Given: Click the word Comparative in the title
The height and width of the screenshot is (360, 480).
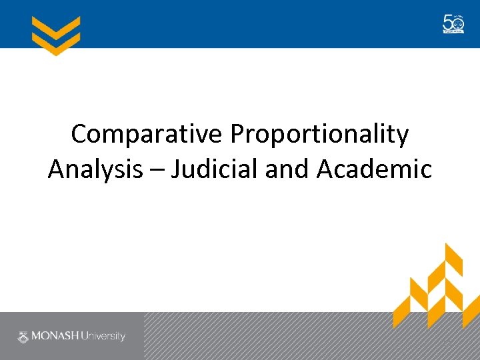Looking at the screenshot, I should (x=147, y=134).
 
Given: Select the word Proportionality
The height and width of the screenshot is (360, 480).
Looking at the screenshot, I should (x=319, y=135).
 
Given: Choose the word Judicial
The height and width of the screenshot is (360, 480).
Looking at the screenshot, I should (x=215, y=169).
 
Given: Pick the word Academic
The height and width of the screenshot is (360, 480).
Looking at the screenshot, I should (x=374, y=169).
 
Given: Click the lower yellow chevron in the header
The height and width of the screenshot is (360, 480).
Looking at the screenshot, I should (x=56, y=43).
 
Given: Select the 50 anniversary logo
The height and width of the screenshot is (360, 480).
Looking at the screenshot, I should (x=453, y=24).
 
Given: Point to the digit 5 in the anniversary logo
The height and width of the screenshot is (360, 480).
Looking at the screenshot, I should (x=448, y=23).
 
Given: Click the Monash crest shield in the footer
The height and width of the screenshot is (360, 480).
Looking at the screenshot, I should (x=23, y=336).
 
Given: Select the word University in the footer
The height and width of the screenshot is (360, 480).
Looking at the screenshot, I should (x=103, y=336).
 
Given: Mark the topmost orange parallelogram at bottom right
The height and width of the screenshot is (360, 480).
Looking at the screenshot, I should (x=453, y=257).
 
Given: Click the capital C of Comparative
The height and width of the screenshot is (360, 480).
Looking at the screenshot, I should (x=79, y=134).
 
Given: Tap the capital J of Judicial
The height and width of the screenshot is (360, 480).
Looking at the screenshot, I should (x=176, y=169).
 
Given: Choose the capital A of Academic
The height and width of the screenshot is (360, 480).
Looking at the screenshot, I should (x=326, y=169).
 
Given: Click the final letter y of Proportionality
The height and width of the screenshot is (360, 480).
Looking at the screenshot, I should (x=402, y=137).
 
